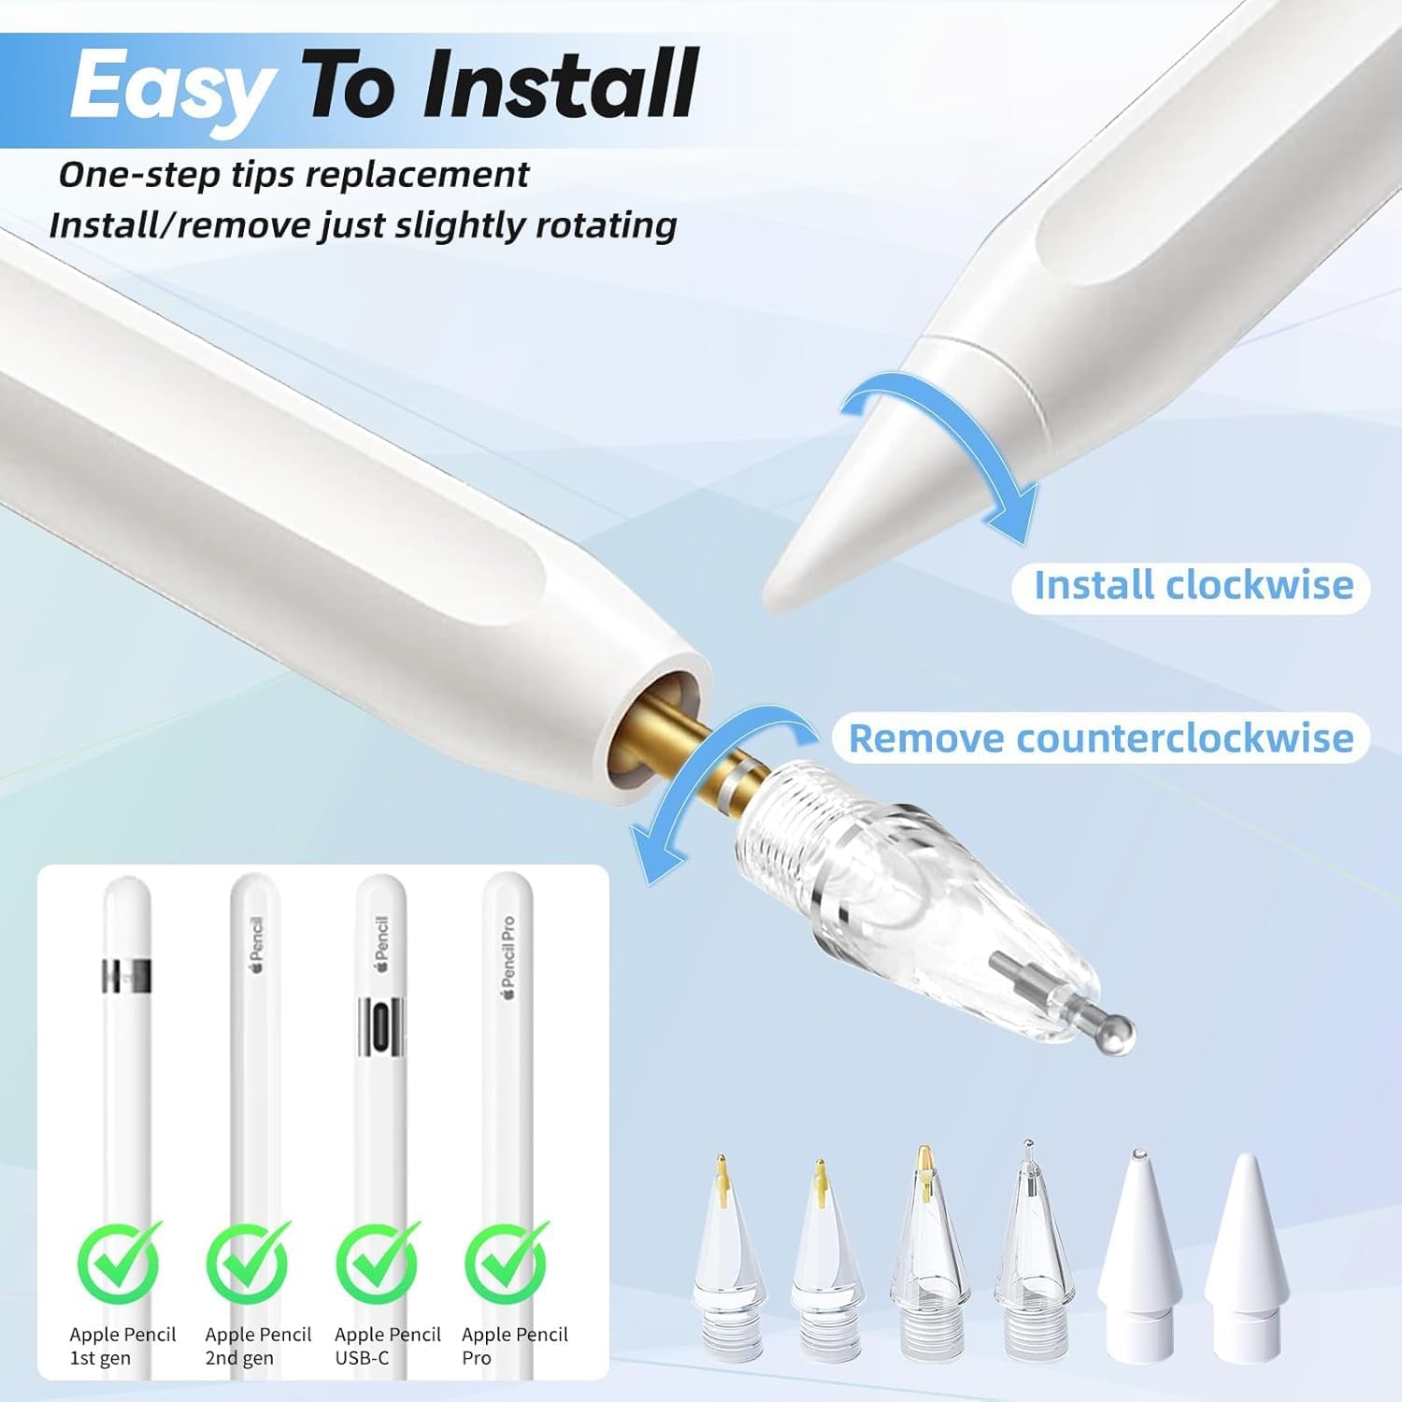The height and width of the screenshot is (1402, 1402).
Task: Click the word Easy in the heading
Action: [x=171, y=86]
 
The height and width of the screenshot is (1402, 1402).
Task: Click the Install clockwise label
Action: [x=1193, y=586]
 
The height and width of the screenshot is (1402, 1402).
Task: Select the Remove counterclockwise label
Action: [x=1101, y=738]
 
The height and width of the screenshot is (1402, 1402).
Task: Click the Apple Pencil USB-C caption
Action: [x=387, y=1346]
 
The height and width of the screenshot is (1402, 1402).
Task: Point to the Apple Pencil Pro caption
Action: [x=514, y=1346]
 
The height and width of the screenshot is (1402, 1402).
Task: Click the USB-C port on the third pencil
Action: [x=381, y=1028]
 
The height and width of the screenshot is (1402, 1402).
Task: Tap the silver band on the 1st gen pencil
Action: [x=126, y=974]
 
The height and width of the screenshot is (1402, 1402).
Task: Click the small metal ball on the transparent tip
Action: [x=1118, y=1031]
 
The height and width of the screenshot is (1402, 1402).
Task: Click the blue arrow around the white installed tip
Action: [x=944, y=439]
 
